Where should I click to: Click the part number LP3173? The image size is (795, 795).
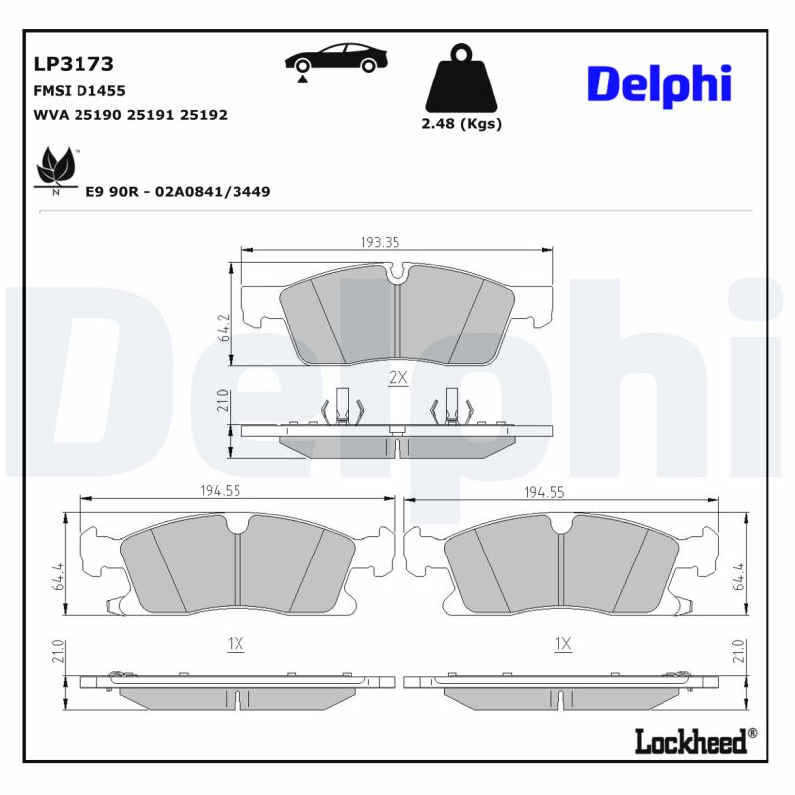coord(74,65)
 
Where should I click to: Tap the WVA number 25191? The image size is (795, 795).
coord(157,115)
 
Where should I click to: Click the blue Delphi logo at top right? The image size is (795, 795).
coord(659,83)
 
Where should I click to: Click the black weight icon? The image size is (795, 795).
coord(460,78)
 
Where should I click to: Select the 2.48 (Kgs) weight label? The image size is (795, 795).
coord(461,124)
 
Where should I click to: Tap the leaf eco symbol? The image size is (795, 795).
coord(56,169)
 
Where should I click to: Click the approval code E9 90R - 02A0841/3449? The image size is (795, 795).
coord(178,191)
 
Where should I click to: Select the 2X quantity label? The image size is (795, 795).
coord(397,377)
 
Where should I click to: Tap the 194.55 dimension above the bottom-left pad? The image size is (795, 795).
coord(221,491)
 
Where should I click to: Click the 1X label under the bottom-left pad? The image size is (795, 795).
coord(235,644)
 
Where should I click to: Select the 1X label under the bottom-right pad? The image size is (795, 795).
coord(562,644)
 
